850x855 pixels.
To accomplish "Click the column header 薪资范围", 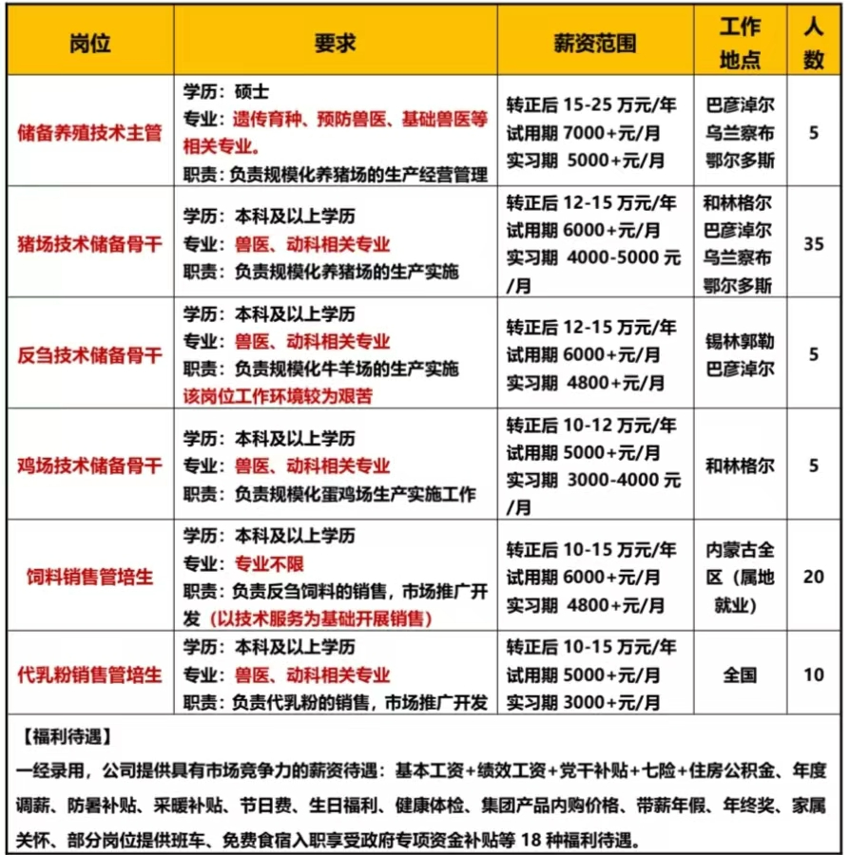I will [594, 44].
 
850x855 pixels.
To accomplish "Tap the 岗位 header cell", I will [90, 44].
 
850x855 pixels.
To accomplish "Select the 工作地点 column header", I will [740, 44].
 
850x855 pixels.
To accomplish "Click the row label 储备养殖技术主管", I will [90, 133].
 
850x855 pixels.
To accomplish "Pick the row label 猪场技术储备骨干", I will [90, 244].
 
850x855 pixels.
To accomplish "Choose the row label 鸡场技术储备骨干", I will [90, 466].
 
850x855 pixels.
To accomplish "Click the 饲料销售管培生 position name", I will [90, 577].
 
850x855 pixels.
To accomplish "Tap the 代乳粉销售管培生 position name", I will [90, 675].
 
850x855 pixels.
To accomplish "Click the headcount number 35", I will [813, 244].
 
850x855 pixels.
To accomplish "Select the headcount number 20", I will [813, 577].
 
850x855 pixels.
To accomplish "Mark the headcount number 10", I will [813, 675].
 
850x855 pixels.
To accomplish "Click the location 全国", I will [740, 675].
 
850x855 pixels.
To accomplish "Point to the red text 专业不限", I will [270, 563].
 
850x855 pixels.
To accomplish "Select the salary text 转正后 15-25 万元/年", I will [591, 104].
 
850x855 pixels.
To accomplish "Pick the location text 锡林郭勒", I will [740, 341].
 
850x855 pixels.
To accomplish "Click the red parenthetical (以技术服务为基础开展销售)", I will [321, 618].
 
